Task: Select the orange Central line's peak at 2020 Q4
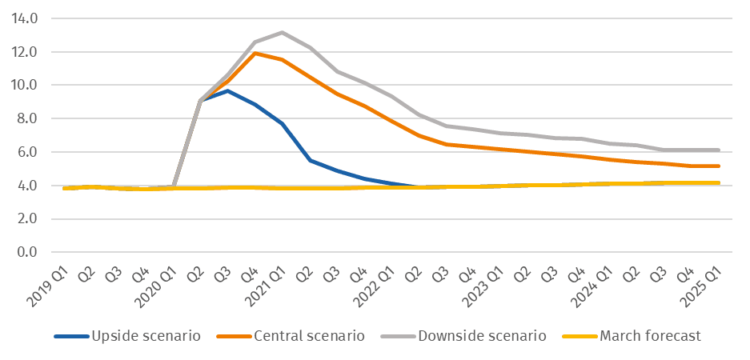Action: coord(255,53)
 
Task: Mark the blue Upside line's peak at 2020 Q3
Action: coord(227,90)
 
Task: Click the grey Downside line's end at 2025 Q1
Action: coord(718,150)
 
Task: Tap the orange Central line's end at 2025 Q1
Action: coord(718,166)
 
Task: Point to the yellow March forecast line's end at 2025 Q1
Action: coord(718,182)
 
